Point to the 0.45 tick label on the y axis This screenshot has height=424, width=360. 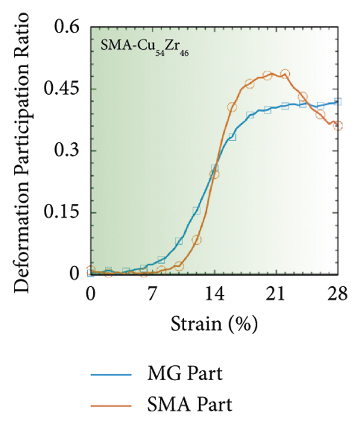(x=61, y=89)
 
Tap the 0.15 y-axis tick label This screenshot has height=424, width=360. (x=61, y=213)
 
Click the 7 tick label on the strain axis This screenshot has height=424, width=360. (x=152, y=294)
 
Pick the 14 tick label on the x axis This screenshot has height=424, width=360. (x=214, y=294)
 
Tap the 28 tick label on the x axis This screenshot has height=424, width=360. (x=338, y=294)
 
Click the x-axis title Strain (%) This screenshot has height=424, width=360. (x=214, y=325)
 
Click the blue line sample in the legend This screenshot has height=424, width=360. (x=110, y=375)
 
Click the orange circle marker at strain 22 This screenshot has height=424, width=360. (x=285, y=74)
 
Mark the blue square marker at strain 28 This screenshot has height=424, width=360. (x=338, y=101)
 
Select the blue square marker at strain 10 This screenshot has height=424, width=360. (x=179, y=241)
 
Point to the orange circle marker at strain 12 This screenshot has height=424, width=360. (x=196, y=240)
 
